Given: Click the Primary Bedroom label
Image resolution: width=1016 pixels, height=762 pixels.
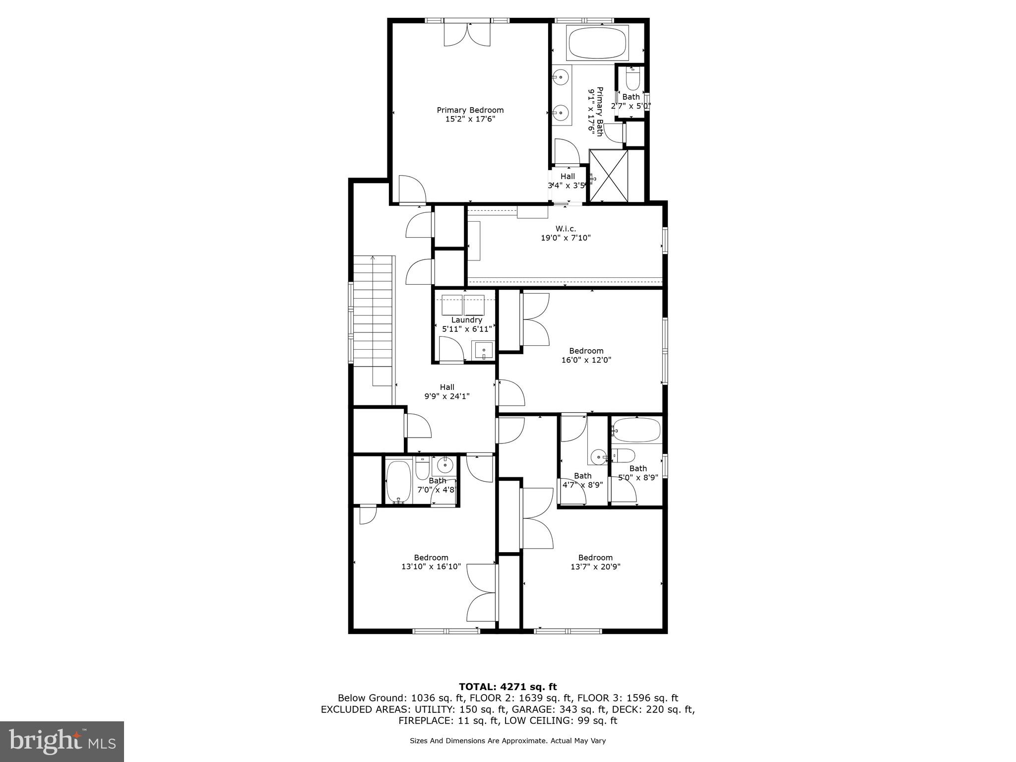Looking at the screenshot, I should tap(470, 110).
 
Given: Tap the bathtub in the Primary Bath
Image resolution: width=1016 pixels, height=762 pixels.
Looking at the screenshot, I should tap(598, 44).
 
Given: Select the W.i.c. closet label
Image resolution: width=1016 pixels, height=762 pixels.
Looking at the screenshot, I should tap(566, 229).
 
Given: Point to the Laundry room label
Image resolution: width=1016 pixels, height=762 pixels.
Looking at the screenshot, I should tap(466, 320).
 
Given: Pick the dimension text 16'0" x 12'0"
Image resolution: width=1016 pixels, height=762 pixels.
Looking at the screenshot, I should tap(586, 360).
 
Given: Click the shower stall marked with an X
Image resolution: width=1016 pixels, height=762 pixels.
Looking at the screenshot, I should tap(608, 176).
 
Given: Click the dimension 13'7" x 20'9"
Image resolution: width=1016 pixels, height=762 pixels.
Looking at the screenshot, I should tap(595, 567).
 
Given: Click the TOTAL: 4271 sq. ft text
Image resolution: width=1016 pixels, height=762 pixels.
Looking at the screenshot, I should tap(508, 687).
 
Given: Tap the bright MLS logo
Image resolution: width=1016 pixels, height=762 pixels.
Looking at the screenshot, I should tap(62, 741).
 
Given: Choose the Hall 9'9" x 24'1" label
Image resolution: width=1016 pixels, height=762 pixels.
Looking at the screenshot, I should tap(446, 391).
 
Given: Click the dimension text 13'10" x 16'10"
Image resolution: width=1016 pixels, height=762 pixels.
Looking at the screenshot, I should tap(431, 567).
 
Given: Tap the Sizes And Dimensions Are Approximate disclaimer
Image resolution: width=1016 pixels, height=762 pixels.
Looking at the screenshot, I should tap(508, 741).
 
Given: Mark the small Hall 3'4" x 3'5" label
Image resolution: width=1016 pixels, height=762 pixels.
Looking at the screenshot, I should tap(568, 181).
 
